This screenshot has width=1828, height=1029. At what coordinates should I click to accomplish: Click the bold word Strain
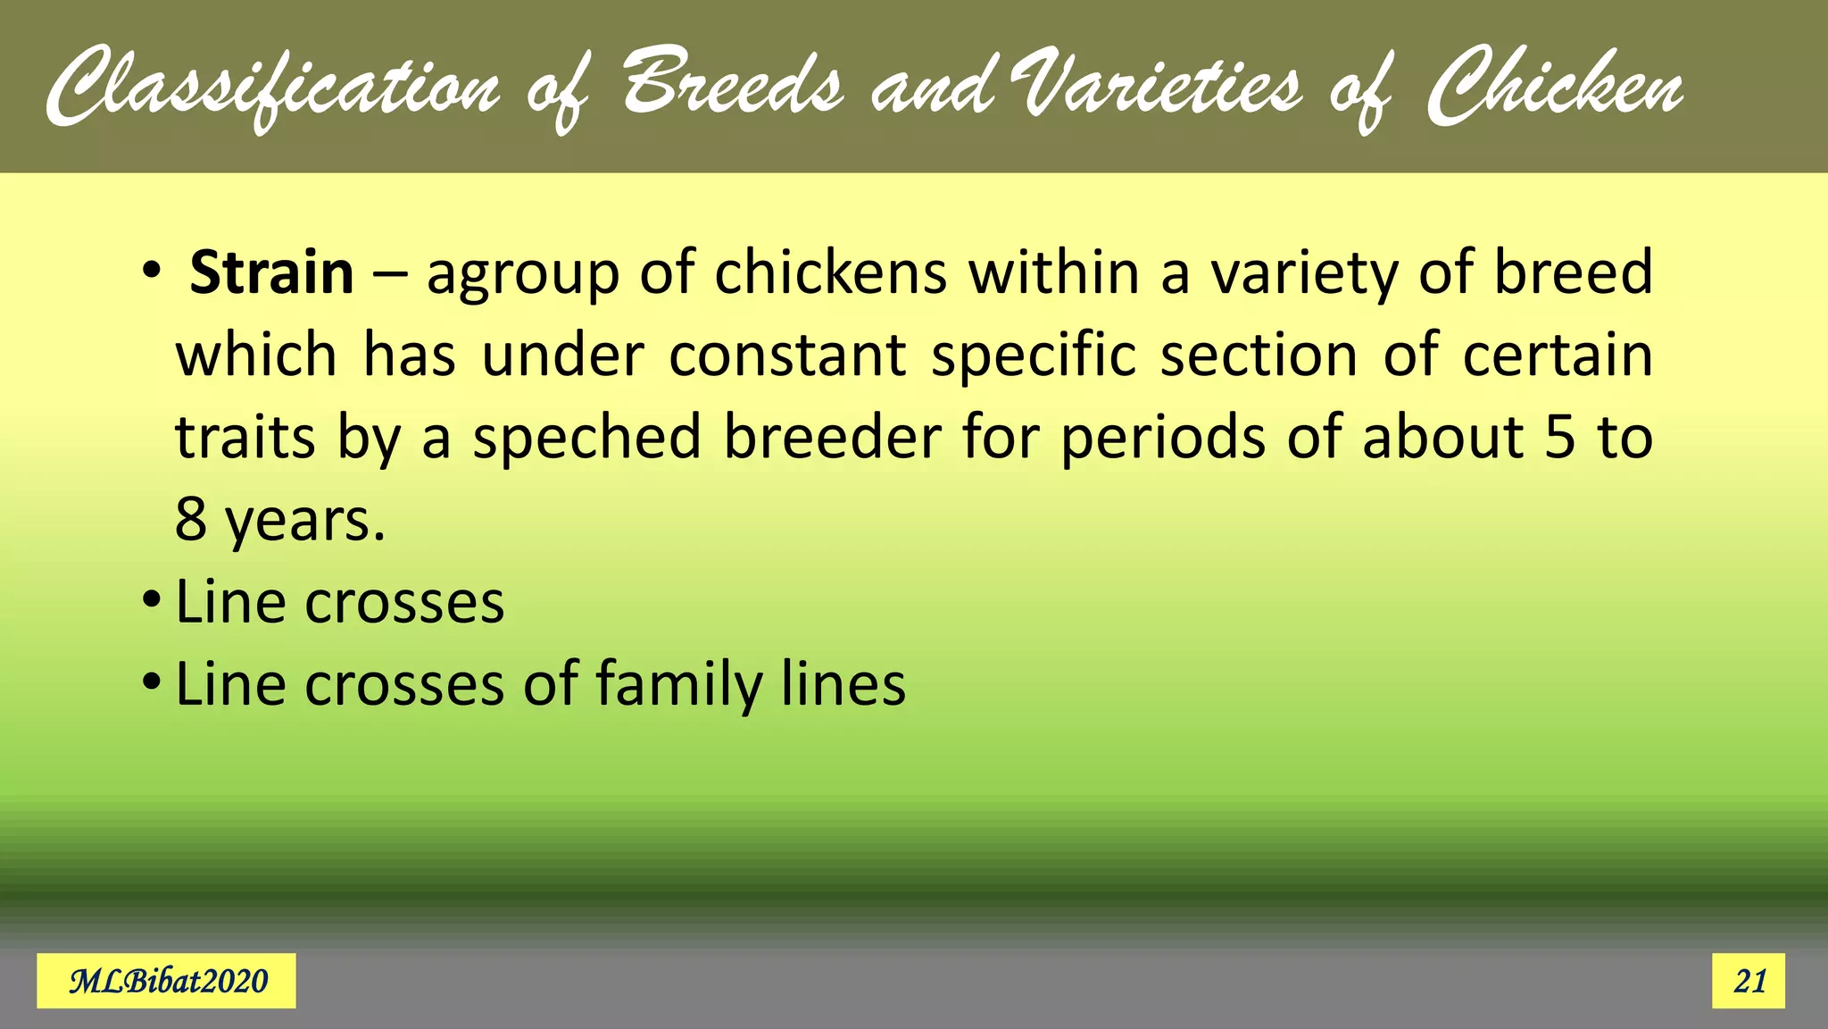pos(271,272)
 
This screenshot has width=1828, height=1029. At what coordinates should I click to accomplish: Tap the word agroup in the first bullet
pos(523,274)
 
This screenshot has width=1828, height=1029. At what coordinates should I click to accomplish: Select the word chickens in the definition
pos(830,272)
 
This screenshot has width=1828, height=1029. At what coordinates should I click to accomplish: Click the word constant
pos(787,356)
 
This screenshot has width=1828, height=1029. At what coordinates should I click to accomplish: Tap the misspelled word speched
pos(586,439)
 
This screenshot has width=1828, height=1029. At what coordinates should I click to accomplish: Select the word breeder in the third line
pos(832,438)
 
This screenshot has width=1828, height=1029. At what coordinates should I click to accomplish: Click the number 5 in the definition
pos(1559,438)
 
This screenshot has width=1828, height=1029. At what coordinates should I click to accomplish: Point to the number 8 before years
pos(191,520)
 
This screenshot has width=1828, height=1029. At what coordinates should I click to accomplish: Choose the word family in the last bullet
pos(678,686)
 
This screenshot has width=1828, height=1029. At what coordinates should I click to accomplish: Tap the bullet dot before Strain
pos(152,269)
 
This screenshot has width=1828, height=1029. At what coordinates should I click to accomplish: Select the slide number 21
pos(1749,981)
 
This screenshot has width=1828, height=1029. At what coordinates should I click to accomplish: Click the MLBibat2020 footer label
pos(167,981)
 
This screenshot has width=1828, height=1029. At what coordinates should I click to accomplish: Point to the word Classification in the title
pos(272,89)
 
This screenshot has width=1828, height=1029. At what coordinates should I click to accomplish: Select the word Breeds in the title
pos(732,86)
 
